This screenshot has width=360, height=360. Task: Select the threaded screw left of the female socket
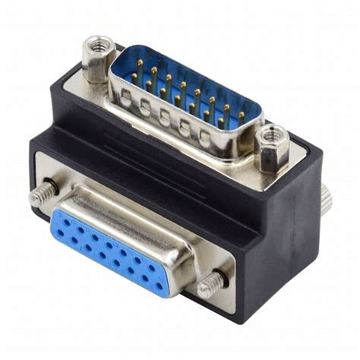point(42,194)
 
